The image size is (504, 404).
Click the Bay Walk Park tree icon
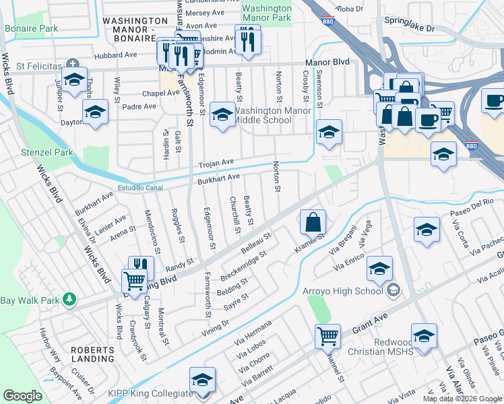point(69,298)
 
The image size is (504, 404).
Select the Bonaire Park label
point(31,30)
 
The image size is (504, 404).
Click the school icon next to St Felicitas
point(74,78)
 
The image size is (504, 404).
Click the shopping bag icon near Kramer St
point(313,221)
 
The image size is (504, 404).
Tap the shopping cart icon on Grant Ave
point(328,335)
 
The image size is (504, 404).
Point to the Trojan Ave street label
point(215,163)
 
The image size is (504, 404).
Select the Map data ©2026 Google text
point(462,399)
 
